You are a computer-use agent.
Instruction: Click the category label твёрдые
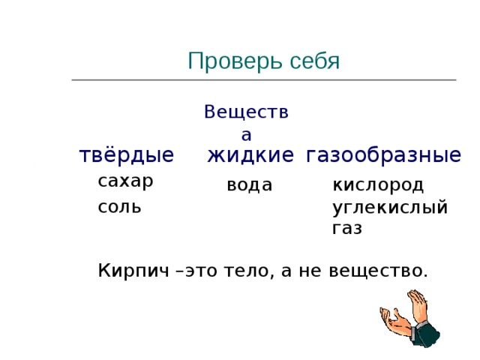[x=127, y=155]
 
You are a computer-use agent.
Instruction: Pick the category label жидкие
[x=250, y=155]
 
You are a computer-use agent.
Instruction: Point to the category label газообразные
[x=383, y=155]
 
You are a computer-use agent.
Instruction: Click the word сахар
[x=125, y=181]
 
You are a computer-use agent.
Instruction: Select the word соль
[x=119, y=206]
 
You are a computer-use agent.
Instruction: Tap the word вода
[x=249, y=184]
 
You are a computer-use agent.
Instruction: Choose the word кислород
[x=378, y=184]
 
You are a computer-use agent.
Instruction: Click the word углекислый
[x=390, y=207]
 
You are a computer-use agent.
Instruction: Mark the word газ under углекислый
[x=346, y=229]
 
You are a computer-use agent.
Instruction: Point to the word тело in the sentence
[x=253, y=270]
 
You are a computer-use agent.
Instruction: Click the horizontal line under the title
[x=263, y=79]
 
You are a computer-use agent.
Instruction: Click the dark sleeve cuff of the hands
[x=427, y=334]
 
